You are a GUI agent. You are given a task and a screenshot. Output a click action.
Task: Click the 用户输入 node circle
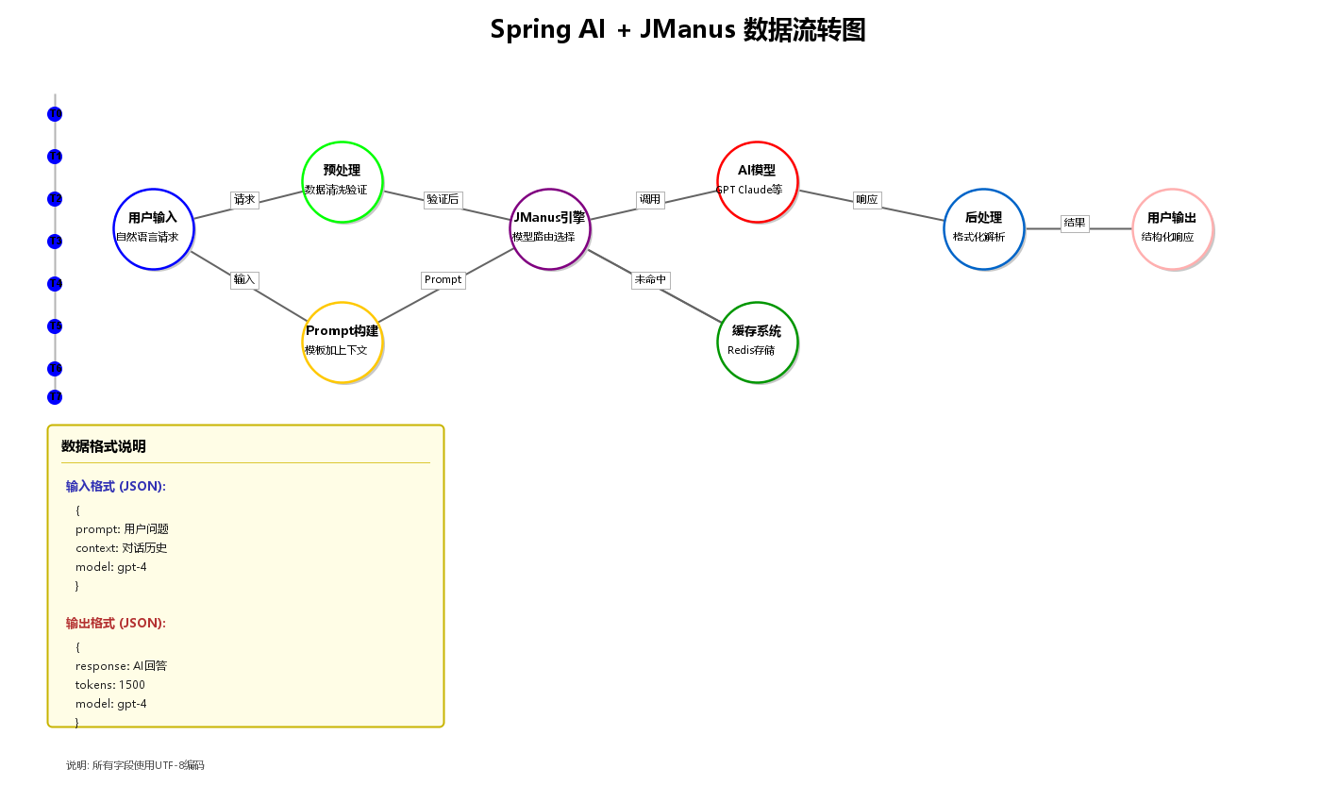click(x=153, y=228)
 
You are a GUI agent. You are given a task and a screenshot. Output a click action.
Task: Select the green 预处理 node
click(x=342, y=181)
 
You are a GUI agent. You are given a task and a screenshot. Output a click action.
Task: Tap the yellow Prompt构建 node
click(x=342, y=342)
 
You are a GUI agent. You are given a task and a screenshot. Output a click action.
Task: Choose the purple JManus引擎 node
click(x=549, y=228)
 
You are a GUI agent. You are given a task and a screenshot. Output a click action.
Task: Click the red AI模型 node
click(x=757, y=181)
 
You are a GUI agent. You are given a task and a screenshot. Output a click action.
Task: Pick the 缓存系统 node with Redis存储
click(x=757, y=342)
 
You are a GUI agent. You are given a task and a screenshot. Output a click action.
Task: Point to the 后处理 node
click(x=983, y=228)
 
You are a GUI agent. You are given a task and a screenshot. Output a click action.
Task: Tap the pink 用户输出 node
click(x=1172, y=228)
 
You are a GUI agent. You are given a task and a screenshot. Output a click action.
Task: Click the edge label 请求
click(x=244, y=200)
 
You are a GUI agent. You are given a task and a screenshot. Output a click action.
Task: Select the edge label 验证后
click(x=443, y=200)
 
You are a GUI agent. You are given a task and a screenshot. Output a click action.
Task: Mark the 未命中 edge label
click(x=650, y=280)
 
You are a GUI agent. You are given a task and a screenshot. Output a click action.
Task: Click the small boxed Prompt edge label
click(x=443, y=280)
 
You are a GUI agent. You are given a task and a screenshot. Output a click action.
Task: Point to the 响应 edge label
click(x=866, y=200)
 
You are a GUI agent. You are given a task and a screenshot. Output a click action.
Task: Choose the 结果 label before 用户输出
click(x=1075, y=224)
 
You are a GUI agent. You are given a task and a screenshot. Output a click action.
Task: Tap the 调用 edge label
click(x=650, y=200)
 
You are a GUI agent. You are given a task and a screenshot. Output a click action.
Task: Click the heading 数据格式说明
click(x=104, y=447)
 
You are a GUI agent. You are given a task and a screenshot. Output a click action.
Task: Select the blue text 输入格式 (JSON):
click(x=116, y=487)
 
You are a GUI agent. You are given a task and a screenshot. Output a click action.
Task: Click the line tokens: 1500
click(x=110, y=685)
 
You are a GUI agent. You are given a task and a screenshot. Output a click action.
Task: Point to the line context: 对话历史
click(x=121, y=548)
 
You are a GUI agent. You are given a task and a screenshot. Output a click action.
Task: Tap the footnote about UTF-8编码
click(x=135, y=765)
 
